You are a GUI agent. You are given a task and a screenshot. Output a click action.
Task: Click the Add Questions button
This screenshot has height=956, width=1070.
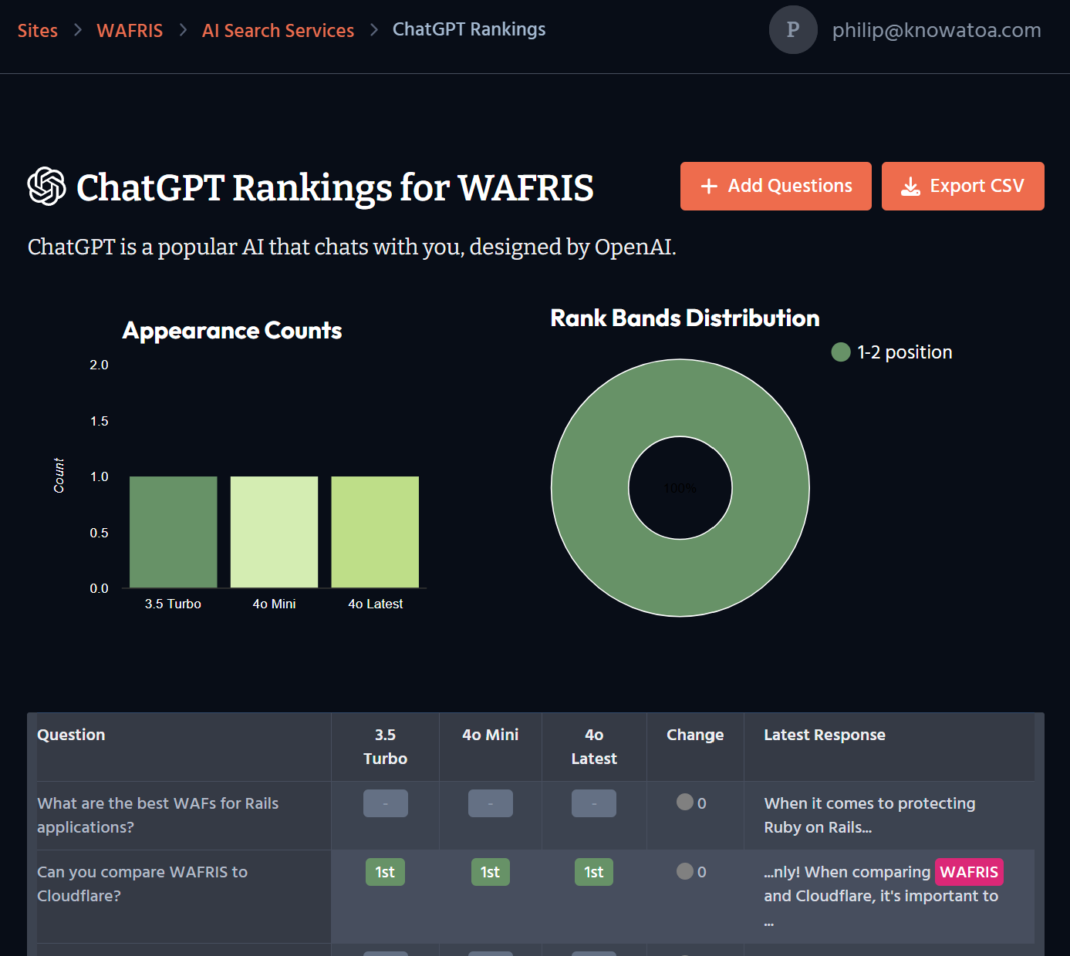tap(775, 186)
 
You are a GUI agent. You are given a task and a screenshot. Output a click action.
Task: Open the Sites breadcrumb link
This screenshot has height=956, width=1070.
tap(38, 31)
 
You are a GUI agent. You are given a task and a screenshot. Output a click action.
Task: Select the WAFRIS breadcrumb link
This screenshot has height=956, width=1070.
tap(130, 31)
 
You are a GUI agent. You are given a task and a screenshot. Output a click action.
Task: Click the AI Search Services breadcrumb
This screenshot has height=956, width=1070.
tap(278, 31)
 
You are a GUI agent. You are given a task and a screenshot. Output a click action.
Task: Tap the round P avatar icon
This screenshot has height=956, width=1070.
tap(792, 30)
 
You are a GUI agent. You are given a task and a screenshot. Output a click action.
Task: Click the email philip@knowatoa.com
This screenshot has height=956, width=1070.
tap(937, 30)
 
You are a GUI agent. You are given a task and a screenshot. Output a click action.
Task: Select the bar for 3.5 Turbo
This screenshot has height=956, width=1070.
tap(174, 532)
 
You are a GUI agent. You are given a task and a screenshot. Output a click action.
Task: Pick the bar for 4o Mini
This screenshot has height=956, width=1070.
tap(274, 532)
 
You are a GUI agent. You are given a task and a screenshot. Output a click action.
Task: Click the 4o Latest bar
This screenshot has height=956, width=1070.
tap(375, 532)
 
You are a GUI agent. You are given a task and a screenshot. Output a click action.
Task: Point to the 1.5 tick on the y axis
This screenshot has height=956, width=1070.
tap(100, 421)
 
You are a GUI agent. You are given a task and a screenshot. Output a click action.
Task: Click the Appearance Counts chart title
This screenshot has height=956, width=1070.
tap(232, 331)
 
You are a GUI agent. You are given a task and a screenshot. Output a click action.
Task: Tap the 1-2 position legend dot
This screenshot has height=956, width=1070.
tap(840, 352)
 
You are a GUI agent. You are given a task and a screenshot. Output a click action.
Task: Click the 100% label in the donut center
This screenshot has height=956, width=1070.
tap(680, 488)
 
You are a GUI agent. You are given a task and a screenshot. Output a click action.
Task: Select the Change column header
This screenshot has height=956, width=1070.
tap(695, 735)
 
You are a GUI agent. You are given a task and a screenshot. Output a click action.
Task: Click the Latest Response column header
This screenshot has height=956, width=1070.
tap(825, 735)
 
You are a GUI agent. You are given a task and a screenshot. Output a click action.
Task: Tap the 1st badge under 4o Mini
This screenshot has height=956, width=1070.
tap(490, 872)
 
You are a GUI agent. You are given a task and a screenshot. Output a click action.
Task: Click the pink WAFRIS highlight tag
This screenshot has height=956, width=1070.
tap(969, 872)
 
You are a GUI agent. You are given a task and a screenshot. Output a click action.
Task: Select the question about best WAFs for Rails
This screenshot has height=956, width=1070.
tap(158, 815)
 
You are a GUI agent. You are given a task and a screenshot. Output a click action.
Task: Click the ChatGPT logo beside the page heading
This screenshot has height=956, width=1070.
tap(46, 187)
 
